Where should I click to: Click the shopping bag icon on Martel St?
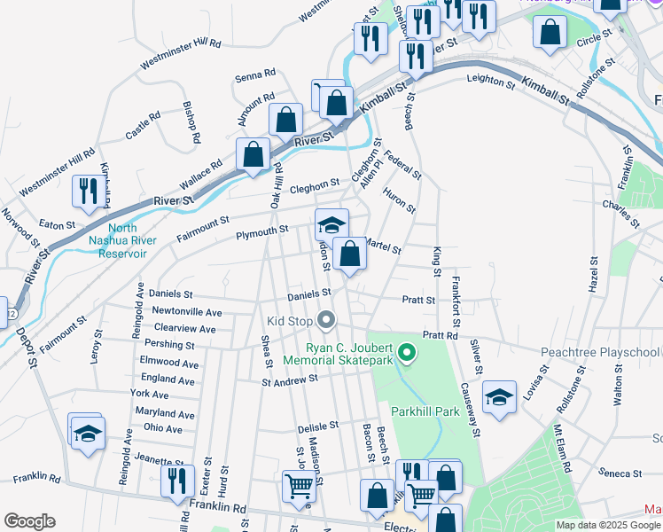351,254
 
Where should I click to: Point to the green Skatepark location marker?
407,354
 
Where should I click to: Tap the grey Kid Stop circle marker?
327,319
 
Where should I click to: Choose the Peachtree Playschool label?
600,352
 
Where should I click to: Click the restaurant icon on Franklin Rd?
177,480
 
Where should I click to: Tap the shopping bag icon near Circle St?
550,33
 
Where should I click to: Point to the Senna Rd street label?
256,77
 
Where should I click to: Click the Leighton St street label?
491,82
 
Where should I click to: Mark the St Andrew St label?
289,380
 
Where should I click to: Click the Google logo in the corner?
29,520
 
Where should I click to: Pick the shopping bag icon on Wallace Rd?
253,154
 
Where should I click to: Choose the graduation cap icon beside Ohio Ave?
87,433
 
